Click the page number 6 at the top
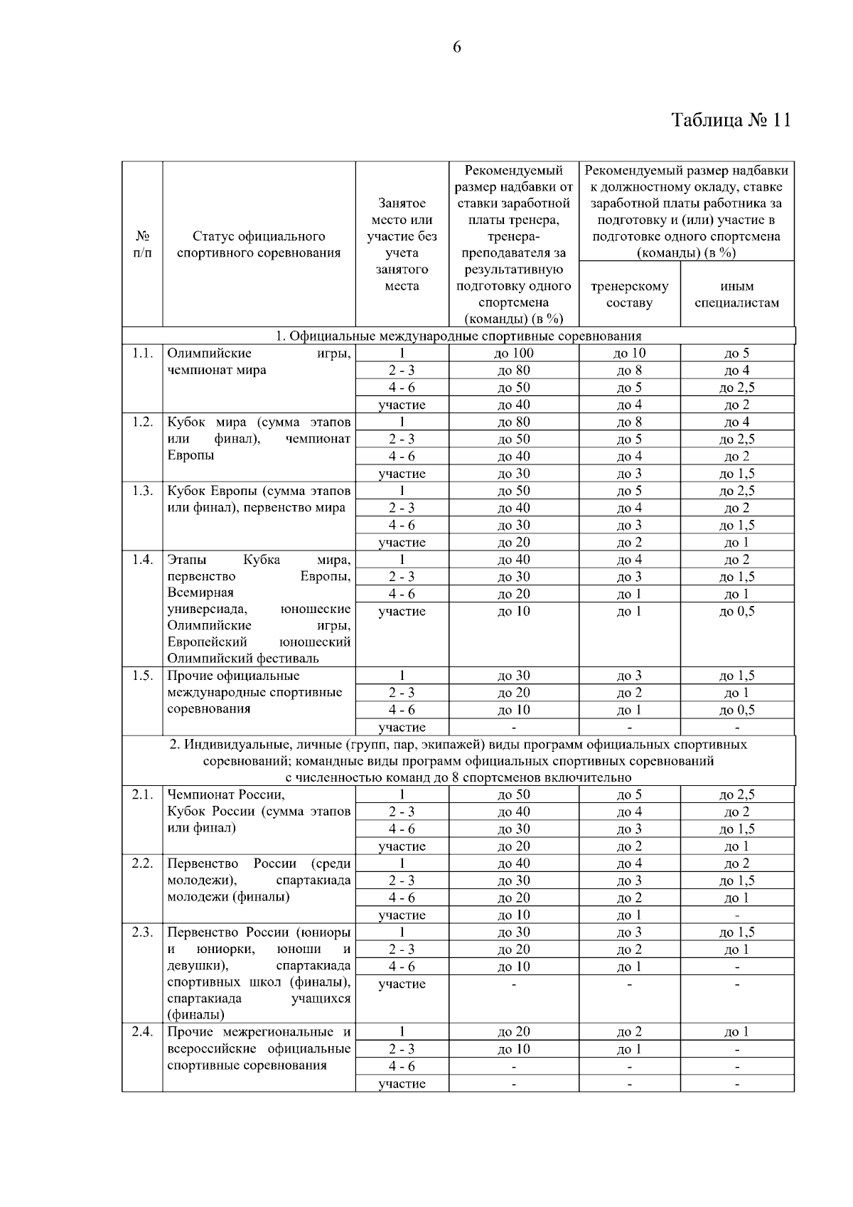[x=456, y=48]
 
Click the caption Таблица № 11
[x=731, y=119]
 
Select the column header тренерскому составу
[x=629, y=294]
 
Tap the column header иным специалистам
[x=736, y=294]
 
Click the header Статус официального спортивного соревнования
[x=259, y=244]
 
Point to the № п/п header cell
[x=142, y=244]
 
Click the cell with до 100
[x=514, y=353]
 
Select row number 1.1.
[x=142, y=353]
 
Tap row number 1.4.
[x=142, y=560]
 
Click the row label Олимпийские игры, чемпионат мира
[x=259, y=361]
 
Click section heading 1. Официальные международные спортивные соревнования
[x=458, y=336]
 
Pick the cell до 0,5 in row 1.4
[x=736, y=611]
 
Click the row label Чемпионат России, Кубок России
[x=259, y=812]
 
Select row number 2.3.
[x=142, y=932]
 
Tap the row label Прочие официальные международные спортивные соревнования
[x=259, y=692]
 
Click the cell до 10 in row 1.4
[x=514, y=611]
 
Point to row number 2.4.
[x=142, y=1032]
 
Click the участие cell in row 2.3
[x=402, y=984]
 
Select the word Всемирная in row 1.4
[x=200, y=592]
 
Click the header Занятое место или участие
[x=402, y=244]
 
